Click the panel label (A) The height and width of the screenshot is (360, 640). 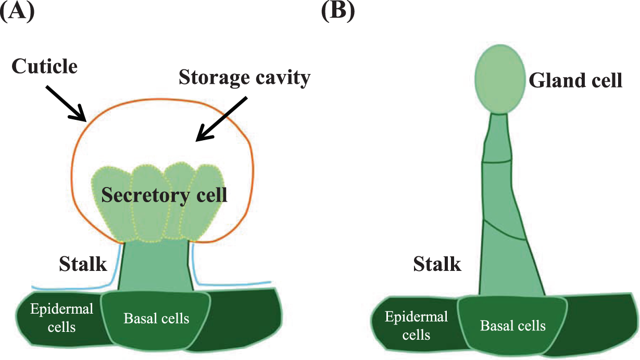17,11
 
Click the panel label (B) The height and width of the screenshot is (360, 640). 337,11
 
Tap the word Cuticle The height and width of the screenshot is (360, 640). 44,66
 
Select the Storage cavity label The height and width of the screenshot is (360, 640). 244,78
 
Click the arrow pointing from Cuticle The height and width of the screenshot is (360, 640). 66,102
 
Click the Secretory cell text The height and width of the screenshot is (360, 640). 164,195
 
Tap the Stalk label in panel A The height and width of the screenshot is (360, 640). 83,264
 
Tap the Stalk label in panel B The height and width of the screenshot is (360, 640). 437,264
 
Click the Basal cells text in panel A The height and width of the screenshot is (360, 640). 156,318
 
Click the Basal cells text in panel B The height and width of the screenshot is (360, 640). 513,326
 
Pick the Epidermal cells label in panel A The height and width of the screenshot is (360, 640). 61,318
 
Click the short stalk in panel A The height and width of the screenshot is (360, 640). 155,266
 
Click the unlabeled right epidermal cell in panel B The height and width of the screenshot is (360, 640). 599,323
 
